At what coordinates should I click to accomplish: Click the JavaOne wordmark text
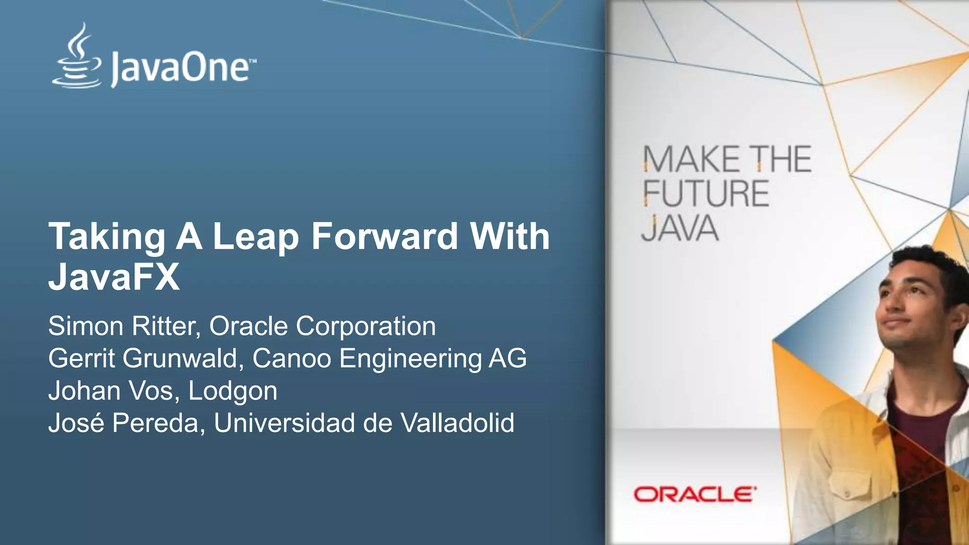point(180,69)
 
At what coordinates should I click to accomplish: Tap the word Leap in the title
point(256,236)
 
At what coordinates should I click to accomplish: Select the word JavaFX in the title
point(114,277)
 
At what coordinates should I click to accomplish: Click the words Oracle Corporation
point(322,326)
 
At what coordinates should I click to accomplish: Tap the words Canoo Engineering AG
point(389,358)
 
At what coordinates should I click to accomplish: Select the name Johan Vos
point(110,391)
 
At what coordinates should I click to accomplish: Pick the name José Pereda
point(123,422)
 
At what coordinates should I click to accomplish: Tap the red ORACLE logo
point(695,494)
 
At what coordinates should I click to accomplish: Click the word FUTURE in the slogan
point(705,193)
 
